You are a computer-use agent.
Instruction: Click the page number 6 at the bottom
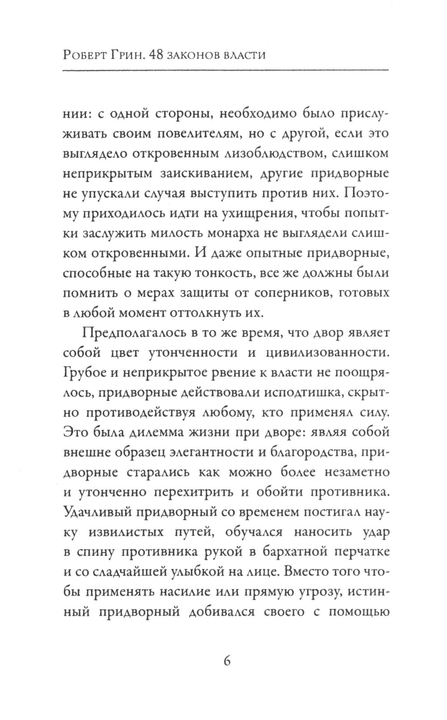tap(226, 661)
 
